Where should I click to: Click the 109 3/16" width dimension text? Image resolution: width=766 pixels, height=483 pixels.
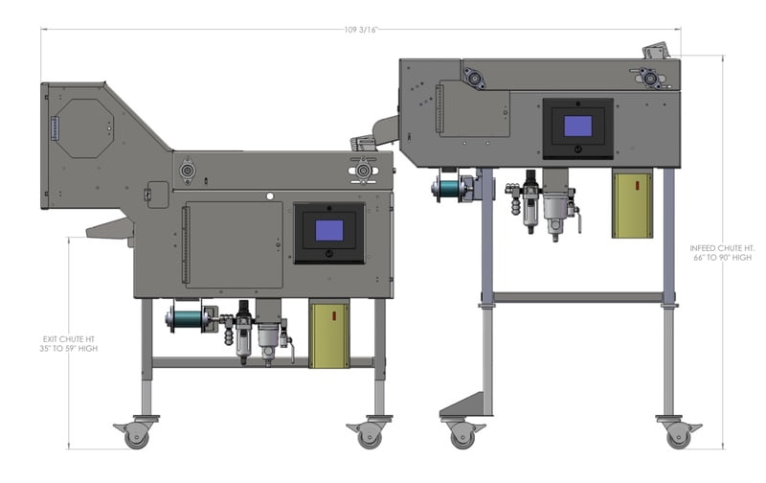pos(361,30)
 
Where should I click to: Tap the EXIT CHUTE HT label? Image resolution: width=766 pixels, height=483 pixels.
pos(68,339)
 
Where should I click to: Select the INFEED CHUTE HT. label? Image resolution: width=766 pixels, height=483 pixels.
pos(722,248)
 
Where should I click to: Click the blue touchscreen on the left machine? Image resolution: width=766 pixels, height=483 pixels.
pos(329,230)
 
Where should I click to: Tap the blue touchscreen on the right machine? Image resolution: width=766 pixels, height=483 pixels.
pos(578,126)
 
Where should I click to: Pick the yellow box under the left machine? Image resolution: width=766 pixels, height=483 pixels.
pos(329,335)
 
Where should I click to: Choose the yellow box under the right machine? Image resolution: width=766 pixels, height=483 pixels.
pos(632,205)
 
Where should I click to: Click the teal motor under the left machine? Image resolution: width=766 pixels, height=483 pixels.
pos(186,319)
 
